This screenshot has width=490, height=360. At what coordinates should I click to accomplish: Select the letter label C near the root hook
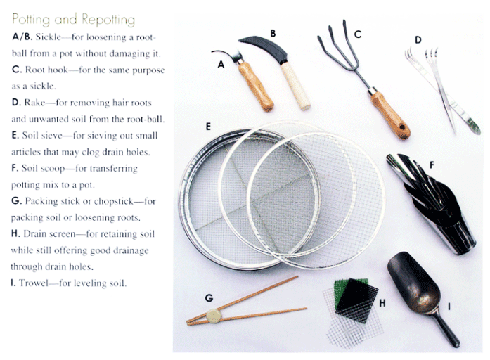(357, 33)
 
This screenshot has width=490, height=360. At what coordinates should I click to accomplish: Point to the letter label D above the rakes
(418, 40)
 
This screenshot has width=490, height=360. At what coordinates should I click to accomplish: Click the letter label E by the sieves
(209, 127)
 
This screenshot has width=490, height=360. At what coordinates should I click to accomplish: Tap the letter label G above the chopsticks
(209, 297)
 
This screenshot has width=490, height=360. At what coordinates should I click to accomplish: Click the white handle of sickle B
(296, 86)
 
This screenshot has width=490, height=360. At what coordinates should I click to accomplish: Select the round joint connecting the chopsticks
(212, 316)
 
